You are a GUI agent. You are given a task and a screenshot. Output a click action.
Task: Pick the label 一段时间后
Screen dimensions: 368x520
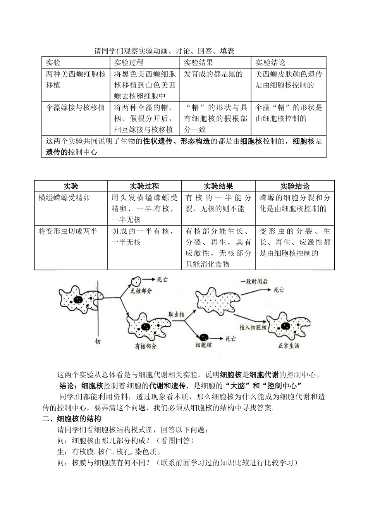[254, 282]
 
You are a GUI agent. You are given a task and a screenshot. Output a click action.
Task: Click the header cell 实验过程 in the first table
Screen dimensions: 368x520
[129, 63]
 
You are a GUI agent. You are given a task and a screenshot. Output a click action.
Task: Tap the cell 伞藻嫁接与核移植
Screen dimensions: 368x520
[76, 108]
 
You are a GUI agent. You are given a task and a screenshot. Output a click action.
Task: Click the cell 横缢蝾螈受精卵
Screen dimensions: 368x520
[64, 198]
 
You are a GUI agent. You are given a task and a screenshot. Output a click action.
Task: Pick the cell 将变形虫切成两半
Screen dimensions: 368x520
[68, 231]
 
